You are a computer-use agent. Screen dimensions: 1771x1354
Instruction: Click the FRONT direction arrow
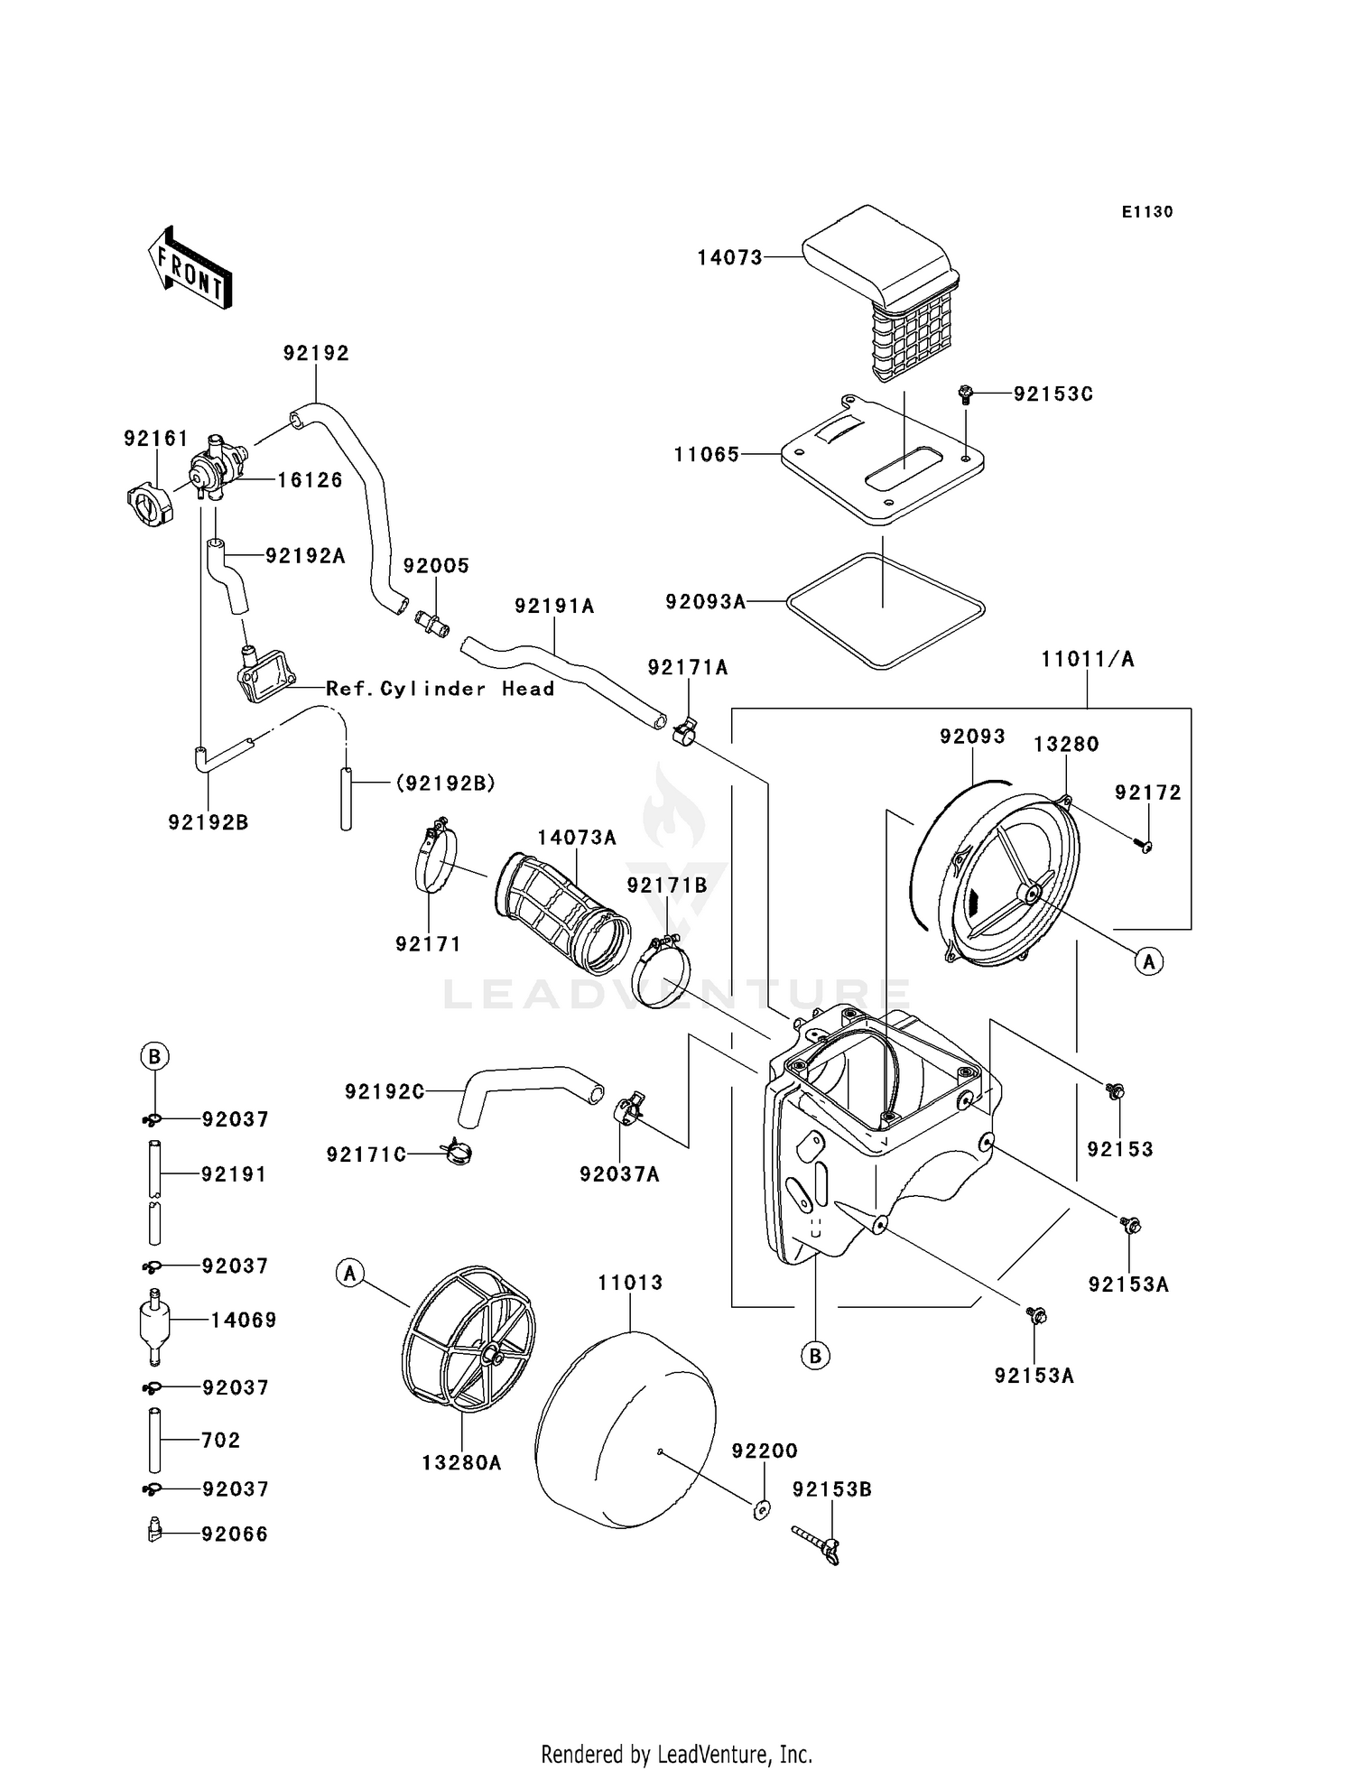click(190, 268)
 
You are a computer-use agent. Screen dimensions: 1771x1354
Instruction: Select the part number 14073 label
click(729, 258)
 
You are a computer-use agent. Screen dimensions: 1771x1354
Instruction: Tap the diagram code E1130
click(1146, 212)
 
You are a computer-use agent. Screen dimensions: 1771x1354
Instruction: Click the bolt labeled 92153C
click(965, 394)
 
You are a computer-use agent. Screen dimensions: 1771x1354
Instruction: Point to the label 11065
click(707, 455)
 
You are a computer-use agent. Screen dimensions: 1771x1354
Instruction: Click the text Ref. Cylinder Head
click(440, 689)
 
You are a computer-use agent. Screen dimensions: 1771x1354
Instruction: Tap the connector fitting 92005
click(433, 622)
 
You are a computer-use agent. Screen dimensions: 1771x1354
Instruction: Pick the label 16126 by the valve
click(310, 480)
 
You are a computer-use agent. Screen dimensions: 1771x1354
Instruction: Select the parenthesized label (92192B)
click(445, 783)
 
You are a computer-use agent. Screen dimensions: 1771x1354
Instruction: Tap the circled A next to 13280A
click(349, 1274)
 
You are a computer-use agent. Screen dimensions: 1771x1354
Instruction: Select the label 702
click(220, 1440)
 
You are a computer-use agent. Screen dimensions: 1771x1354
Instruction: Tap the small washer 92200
click(761, 1507)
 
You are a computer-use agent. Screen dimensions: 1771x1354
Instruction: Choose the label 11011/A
click(1087, 659)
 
